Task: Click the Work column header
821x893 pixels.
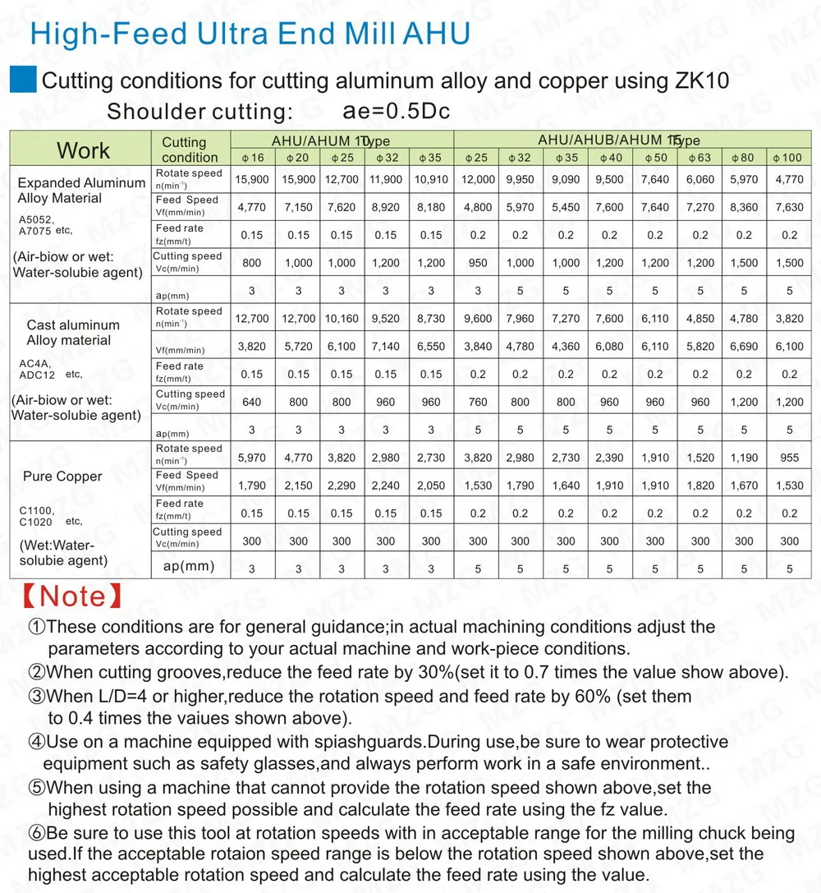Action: click(x=83, y=150)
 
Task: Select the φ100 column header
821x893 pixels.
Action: click(x=789, y=157)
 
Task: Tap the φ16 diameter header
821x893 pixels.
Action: click(x=252, y=157)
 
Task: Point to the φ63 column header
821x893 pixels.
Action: click(x=699, y=157)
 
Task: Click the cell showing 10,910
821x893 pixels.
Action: click(x=431, y=179)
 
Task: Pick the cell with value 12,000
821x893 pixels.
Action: click(x=478, y=179)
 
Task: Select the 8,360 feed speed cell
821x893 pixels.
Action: click(x=744, y=208)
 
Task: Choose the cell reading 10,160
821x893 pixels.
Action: click(x=342, y=318)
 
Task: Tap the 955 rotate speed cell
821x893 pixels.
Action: click(x=789, y=457)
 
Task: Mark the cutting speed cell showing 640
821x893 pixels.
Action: click(x=252, y=403)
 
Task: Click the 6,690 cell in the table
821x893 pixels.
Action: click(x=744, y=347)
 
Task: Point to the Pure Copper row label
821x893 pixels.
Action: click(x=62, y=476)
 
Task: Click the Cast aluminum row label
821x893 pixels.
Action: click(x=72, y=325)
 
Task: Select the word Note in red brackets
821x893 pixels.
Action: click(x=72, y=596)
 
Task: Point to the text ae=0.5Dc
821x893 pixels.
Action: click(x=395, y=111)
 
